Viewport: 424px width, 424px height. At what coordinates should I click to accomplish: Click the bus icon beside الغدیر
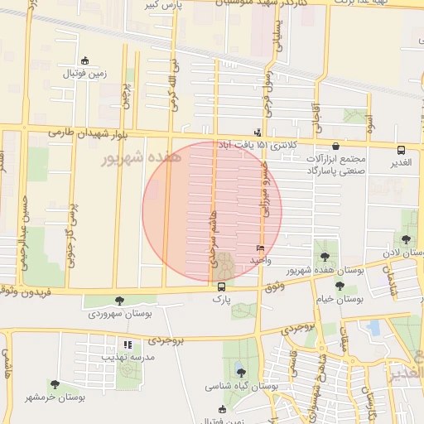coord(402,150)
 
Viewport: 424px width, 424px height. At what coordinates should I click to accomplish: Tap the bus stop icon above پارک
coord(221,287)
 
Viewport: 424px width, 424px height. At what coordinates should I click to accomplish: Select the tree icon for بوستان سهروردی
coord(121,301)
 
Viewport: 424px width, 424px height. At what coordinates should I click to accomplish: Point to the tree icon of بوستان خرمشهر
coord(55,384)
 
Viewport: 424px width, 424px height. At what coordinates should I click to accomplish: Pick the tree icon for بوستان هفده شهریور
coord(324,257)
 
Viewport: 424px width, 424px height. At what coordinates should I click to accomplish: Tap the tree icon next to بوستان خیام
coord(340,286)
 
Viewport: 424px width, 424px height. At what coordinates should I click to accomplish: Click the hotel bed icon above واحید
coord(261,248)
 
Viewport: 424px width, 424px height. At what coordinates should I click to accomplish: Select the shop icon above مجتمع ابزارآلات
coord(335,146)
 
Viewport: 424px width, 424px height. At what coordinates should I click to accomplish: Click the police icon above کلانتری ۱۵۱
coord(258,132)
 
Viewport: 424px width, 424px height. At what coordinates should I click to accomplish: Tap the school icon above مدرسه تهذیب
coord(128,344)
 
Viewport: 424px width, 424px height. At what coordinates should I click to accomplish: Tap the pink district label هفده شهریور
coord(132,157)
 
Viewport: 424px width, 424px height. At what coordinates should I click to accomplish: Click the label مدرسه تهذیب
coord(128,357)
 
